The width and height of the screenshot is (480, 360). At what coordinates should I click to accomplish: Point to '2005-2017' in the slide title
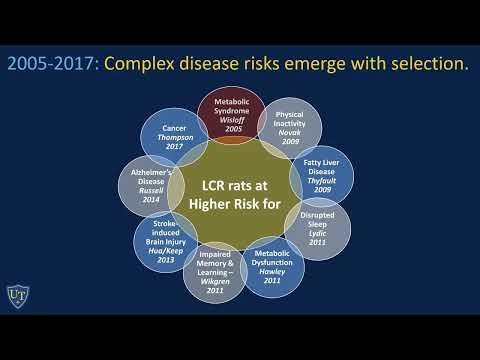pyautogui.click(x=51, y=63)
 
